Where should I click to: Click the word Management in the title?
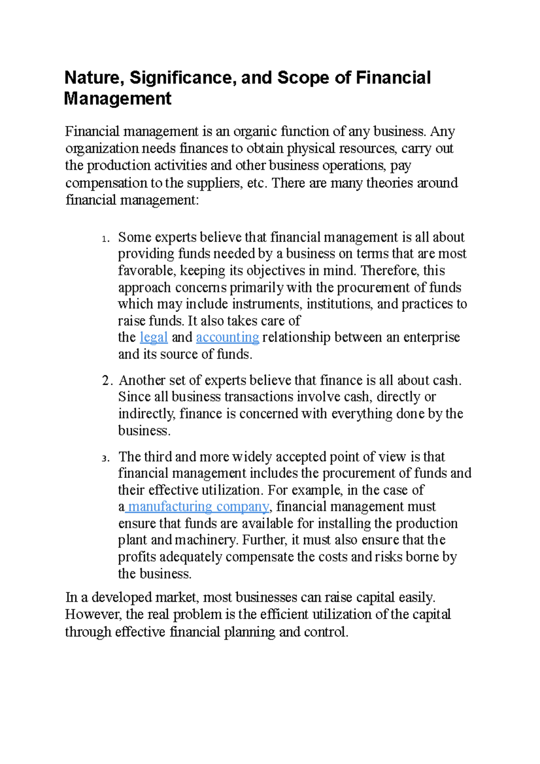[117, 99]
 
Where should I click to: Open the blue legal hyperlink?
[154, 337]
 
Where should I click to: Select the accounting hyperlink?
[227, 337]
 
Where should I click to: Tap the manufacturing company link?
[198, 507]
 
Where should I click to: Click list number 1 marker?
[105, 239]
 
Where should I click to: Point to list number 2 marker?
[107, 381]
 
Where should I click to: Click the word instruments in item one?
[265, 304]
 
